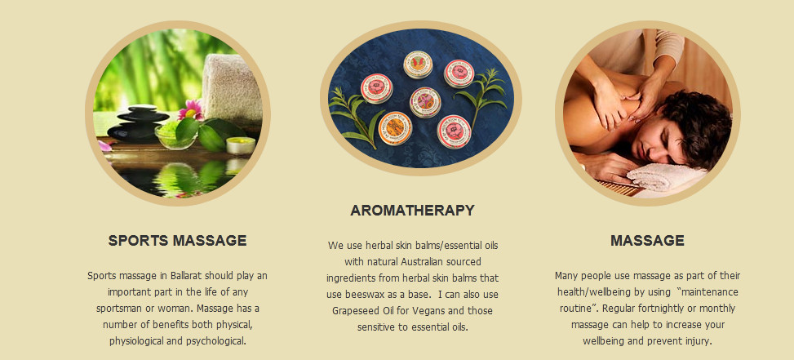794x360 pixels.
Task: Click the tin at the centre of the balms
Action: tap(425, 100)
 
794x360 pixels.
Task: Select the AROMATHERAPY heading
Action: tap(412, 211)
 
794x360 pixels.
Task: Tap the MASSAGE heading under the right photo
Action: tap(647, 241)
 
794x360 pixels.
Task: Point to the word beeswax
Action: tap(385, 294)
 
